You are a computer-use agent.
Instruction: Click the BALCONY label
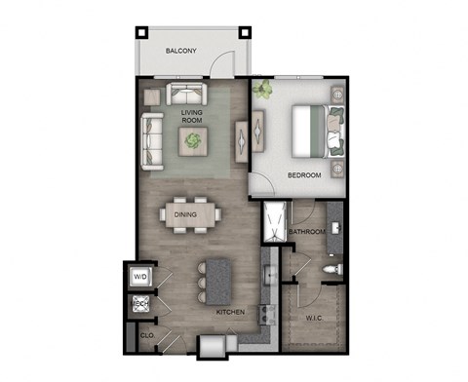click(183, 51)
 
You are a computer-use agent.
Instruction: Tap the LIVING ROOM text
click(191, 119)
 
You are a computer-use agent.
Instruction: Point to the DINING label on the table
click(185, 214)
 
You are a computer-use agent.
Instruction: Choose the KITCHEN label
click(231, 312)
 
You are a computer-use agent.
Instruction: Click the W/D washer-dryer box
click(139, 277)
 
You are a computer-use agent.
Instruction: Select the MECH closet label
click(139, 305)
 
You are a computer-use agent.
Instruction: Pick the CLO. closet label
click(147, 336)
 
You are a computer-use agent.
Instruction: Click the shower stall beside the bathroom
click(274, 225)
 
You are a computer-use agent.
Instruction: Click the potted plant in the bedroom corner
click(263, 92)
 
